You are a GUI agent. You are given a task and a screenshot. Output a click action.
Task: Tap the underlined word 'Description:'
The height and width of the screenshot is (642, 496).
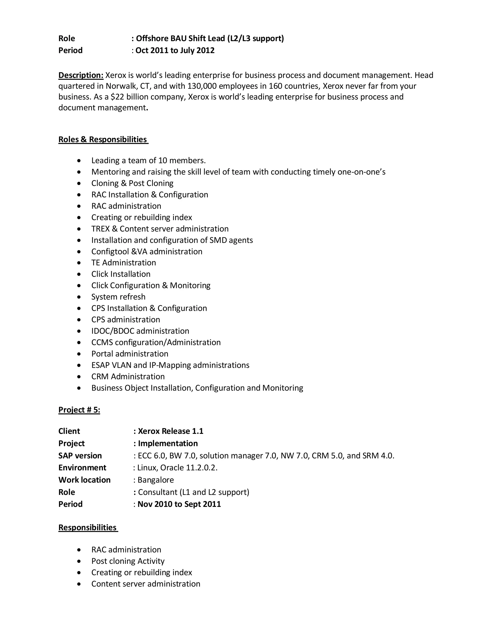pos(81,75)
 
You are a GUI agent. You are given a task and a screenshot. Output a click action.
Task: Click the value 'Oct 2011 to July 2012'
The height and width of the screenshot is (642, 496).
pos(175,51)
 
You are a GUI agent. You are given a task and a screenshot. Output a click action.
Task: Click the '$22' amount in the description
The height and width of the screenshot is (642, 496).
pos(117,97)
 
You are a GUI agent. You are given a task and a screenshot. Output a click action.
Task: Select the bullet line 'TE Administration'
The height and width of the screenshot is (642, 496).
pos(124,263)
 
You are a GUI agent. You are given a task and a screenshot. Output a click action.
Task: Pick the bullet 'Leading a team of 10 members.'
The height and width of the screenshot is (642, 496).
pos(148,160)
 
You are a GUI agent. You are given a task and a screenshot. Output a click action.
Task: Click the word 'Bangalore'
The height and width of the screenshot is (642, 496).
pos(155,480)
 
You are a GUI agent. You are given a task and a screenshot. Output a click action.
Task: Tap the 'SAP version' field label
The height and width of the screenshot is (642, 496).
pos(80,456)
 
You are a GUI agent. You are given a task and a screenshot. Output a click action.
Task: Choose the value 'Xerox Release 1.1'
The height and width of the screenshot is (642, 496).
pos(170,431)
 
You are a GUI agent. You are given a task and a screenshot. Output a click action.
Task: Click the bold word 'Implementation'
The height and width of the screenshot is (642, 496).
pos(168,443)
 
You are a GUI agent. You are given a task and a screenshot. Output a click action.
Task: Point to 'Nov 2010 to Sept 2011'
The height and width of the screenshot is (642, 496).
pos(179,504)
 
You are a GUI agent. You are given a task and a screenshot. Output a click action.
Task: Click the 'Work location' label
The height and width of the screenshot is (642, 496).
pos(84,480)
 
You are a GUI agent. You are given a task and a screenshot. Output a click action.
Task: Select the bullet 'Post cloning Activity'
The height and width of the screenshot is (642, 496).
pos(128,561)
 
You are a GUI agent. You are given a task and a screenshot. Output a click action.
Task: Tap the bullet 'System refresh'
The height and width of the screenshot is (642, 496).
pos(118,297)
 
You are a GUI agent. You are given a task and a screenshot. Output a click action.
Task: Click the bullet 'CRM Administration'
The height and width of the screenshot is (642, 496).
pos(128,376)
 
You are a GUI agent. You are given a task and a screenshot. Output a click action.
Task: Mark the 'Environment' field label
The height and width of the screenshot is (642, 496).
pos(82,468)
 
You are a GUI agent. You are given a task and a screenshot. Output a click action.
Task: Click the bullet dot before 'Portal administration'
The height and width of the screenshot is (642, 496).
pos(79,354)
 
